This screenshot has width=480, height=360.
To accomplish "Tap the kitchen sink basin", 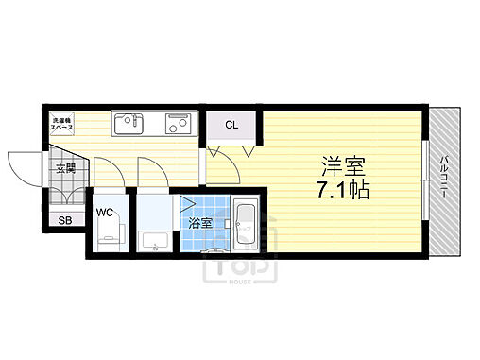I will click(x=129, y=123).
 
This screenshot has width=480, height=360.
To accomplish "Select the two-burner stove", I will click(x=177, y=123).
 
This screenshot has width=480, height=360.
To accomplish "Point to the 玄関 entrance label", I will click(x=65, y=169).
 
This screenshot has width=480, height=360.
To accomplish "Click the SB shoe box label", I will click(x=65, y=220).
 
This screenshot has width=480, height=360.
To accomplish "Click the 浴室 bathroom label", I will click(x=199, y=224).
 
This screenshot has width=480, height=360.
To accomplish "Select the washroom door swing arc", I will click(x=152, y=173).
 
